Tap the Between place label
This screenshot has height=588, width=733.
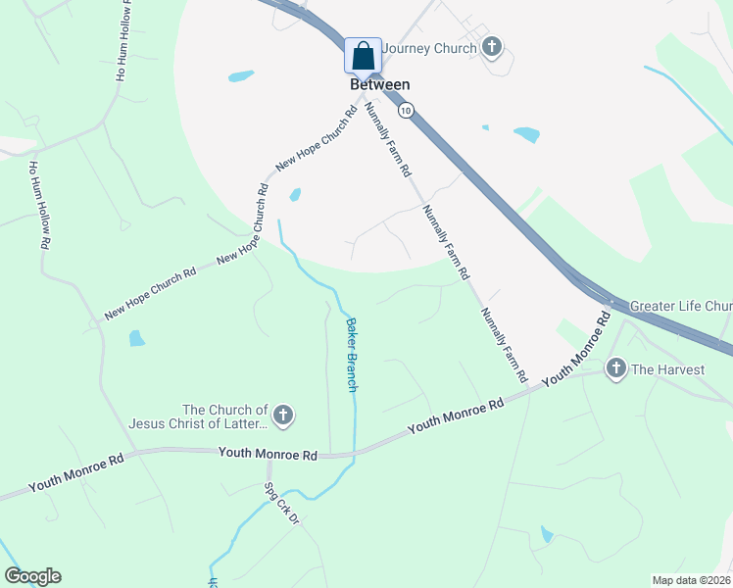[x=379, y=85]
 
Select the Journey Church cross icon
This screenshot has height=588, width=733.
[x=492, y=47]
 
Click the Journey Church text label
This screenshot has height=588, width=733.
[x=429, y=48]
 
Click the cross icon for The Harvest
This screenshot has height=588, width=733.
[x=615, y=368]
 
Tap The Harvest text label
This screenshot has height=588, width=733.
[x=668, y=369]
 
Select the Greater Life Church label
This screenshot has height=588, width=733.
[x=680, y=306]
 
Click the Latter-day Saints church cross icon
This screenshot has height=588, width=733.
[x=282, y=416]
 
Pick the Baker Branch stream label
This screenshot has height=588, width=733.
[x=350, y=354]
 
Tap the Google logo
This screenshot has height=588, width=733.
[x=32, y=576]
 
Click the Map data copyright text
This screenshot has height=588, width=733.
[x=691, y=580]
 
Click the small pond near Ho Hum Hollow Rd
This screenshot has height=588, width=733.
[x=136, y=339]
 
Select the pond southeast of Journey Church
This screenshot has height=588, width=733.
[x=526, y=134]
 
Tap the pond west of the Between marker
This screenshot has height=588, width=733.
[x=240, y=75]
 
